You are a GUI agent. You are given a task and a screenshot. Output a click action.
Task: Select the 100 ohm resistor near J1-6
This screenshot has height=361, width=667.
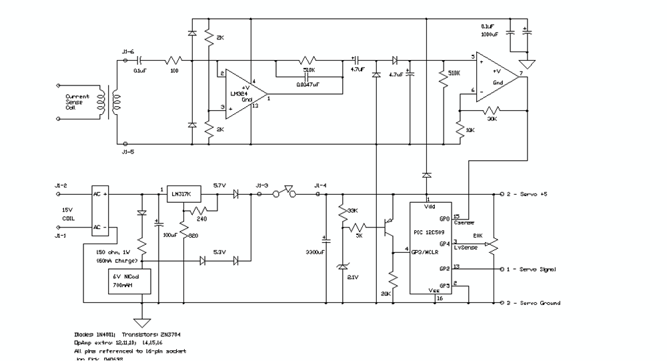coord(175,59)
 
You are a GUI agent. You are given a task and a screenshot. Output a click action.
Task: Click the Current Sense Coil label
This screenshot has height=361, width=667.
coord(77,101)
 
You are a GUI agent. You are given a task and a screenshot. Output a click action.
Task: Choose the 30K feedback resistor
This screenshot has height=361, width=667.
coord(492,109)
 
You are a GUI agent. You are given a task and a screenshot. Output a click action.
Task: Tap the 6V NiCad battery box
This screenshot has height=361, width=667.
coord(130,281)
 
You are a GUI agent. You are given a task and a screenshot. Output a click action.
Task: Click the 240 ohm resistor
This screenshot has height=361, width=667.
coord(201,210)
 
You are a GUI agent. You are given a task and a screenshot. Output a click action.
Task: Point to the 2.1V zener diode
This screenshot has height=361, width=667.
coord(342,266)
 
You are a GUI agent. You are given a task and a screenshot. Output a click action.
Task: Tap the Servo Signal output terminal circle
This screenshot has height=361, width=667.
coord(502,269)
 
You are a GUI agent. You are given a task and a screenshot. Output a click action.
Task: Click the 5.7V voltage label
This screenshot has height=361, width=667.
coord(219,185)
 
